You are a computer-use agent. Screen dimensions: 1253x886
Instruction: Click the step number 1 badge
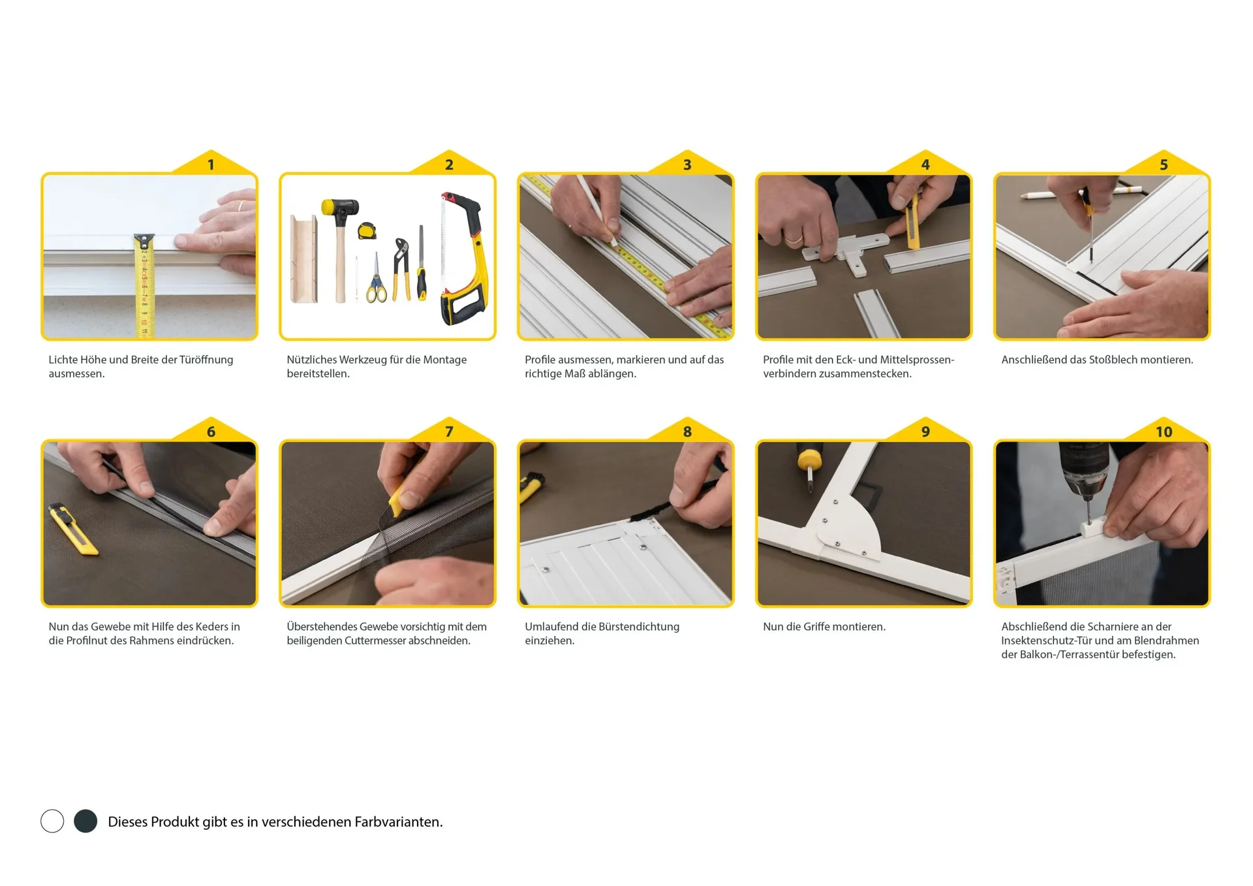[211, 164]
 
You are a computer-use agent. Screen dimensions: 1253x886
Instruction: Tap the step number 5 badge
[1164, 164]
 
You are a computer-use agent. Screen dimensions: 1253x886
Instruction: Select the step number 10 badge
[1164, 431]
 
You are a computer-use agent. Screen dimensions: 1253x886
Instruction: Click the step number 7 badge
[449, 431]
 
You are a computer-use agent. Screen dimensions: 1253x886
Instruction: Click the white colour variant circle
[52, 821]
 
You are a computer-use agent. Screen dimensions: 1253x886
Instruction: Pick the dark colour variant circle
[85, 821]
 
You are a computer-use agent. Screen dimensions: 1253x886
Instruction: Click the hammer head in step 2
[341, 208]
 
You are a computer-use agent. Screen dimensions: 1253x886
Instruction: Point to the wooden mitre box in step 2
[304, 259]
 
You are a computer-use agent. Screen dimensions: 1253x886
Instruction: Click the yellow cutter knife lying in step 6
[72, 528]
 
